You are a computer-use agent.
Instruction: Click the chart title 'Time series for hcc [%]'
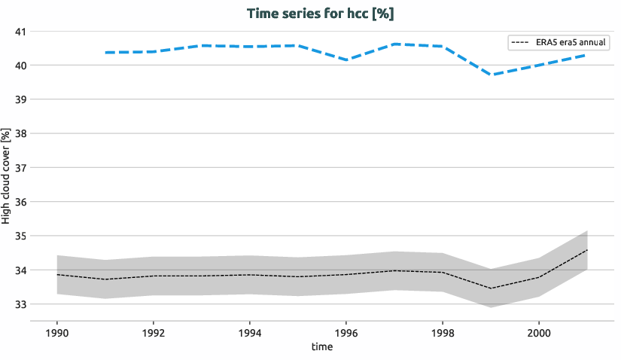(310, 14)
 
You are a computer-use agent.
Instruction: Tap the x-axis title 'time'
(321, 347)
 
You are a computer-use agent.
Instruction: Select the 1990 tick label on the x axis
(57, 332)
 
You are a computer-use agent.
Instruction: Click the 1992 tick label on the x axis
(154, 332)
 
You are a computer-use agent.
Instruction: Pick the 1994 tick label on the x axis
(250, 332)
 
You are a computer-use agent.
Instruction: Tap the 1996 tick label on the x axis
(346, 332)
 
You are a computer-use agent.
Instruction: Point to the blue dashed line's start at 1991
(106, 53)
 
